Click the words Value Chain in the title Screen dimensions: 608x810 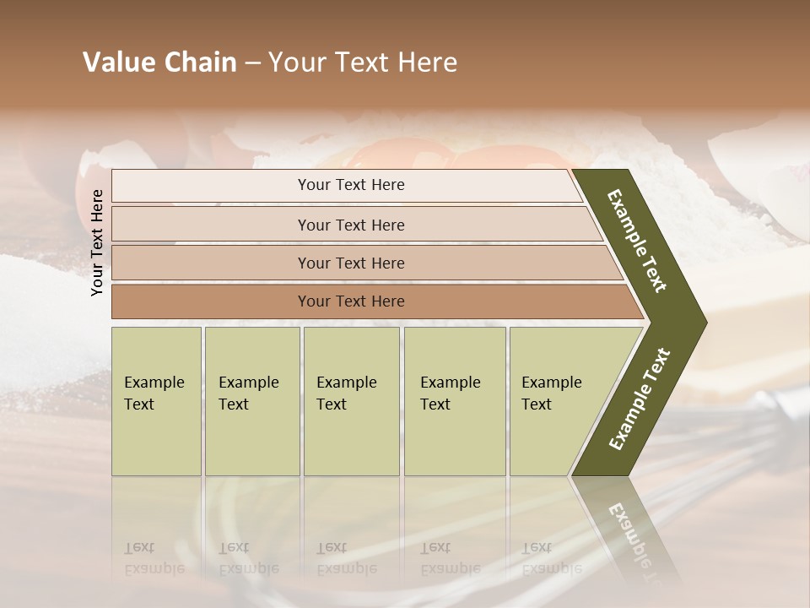coord(159,62)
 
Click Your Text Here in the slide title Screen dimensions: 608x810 coord(363,62)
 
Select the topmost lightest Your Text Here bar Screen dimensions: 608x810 coord(350,185)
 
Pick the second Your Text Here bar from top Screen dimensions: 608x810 coord(350,225)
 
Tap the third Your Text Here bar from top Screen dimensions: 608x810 coord(350,263)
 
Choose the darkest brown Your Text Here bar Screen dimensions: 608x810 coord(350,301)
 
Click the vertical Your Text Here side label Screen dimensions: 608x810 coord(98,242)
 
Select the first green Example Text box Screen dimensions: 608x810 coord(156,401)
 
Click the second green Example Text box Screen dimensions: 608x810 coord(251,401)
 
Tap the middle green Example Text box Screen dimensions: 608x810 coord(351,401)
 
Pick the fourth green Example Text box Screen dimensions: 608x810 coord(454,401)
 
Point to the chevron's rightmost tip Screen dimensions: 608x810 coord(704,322)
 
